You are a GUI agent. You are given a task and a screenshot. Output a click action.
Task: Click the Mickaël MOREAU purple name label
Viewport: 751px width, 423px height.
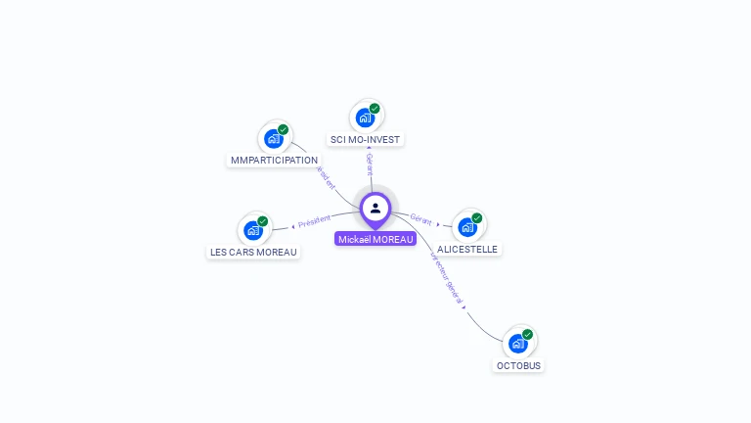pos(375,239)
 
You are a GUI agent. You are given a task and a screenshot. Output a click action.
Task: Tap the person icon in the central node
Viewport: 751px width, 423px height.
pos(375,208)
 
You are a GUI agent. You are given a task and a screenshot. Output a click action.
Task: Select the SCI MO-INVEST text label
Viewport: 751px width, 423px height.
pos(365,139)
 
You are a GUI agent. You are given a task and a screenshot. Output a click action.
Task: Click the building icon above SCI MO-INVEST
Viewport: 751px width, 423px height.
pos(365,117)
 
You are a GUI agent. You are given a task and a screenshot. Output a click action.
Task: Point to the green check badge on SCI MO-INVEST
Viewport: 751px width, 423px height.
pos(375,108)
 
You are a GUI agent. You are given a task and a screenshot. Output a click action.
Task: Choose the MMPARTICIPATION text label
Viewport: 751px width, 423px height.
pos(274,160)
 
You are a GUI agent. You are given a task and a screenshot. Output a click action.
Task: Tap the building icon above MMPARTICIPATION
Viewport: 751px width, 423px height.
pos(274,139)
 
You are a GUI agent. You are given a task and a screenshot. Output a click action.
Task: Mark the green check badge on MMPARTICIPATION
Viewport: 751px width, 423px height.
pos(284,129)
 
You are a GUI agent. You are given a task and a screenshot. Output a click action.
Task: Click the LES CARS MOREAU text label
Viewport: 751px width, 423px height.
pos(253,252)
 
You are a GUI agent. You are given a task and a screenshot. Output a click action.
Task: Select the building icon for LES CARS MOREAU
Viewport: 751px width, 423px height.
pos(253,231)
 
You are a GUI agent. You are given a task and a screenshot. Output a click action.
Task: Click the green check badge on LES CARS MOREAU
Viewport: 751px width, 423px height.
pos(263,221)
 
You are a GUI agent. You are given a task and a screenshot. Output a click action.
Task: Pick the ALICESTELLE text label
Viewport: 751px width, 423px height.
pos(467,249)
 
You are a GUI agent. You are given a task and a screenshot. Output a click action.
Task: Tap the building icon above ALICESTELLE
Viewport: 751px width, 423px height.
pos(467,227)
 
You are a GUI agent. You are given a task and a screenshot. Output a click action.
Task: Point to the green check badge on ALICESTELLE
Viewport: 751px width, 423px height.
pos(477,217)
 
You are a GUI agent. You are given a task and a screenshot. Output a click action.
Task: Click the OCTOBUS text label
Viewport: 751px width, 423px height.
pos(518,365)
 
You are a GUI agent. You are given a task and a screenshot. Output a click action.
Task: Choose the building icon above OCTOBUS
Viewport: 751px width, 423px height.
pos(518,344)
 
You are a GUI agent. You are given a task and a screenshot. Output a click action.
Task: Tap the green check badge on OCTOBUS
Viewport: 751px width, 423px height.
pos(528,334)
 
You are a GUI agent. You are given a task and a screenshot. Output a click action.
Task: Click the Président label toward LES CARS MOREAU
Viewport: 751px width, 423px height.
pos(314,221)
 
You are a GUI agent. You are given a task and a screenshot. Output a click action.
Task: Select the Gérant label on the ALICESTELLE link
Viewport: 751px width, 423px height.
pos(421,220)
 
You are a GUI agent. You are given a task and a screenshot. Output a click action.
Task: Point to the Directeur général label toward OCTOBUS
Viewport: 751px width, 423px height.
pos(446,279)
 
